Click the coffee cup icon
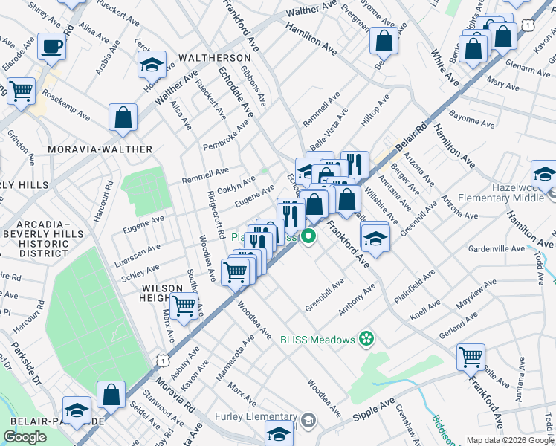click(51, 47)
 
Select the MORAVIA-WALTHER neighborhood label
click(100, 149)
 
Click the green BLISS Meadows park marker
click(365, 340)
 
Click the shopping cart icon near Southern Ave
click(184, 305)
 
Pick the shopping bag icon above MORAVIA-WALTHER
click(123, 117)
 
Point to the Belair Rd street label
click(413, 139)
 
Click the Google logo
click(25, 437)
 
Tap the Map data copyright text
click(509, 440)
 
